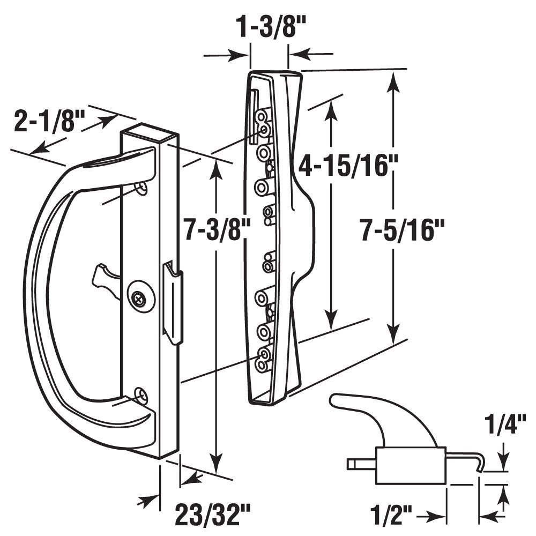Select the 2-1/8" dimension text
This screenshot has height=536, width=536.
tap(47, 122)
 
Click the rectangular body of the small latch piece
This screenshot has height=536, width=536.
tap(410, 465)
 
